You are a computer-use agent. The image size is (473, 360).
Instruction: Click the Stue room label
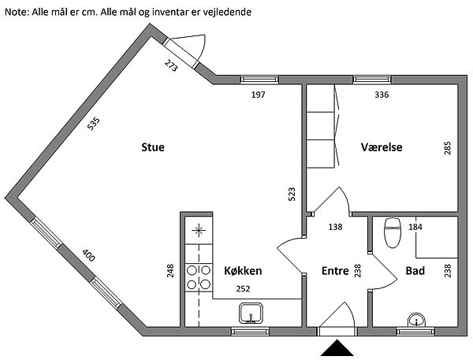coord(153,147)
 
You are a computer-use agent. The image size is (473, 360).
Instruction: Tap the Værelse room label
coord(382,147)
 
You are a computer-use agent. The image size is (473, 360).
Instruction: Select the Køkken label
coord(243,271)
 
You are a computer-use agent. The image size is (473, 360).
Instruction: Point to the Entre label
coord(335,271)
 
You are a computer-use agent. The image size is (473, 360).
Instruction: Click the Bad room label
coord(415,271)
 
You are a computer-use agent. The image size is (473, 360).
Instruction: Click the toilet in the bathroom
coord(393,232)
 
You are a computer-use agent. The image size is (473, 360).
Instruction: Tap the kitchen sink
coord(251,314)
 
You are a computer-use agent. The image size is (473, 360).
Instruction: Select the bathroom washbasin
coord(416,320)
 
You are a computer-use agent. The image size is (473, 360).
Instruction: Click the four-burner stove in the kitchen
coord(199,277)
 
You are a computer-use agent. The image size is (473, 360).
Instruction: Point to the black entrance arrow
coord(337,348)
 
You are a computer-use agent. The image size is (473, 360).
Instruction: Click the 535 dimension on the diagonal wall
coord(93,124)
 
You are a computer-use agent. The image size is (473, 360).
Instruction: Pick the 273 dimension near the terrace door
coord(171,65)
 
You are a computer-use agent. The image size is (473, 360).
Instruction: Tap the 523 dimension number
coord(292,194)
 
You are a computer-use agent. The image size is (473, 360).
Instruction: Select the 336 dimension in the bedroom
coord(382,95)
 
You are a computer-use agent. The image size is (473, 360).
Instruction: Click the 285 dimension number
coord(447,148)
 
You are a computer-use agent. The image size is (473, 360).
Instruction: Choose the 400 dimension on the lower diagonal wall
coord(88,255)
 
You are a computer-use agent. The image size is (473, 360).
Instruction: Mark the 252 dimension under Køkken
coord(243,289)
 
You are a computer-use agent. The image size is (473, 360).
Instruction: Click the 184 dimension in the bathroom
coord(415,227)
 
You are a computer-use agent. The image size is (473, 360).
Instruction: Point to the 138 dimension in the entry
coord(335,227)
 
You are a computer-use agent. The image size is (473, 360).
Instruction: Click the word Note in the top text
coord(17,12)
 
